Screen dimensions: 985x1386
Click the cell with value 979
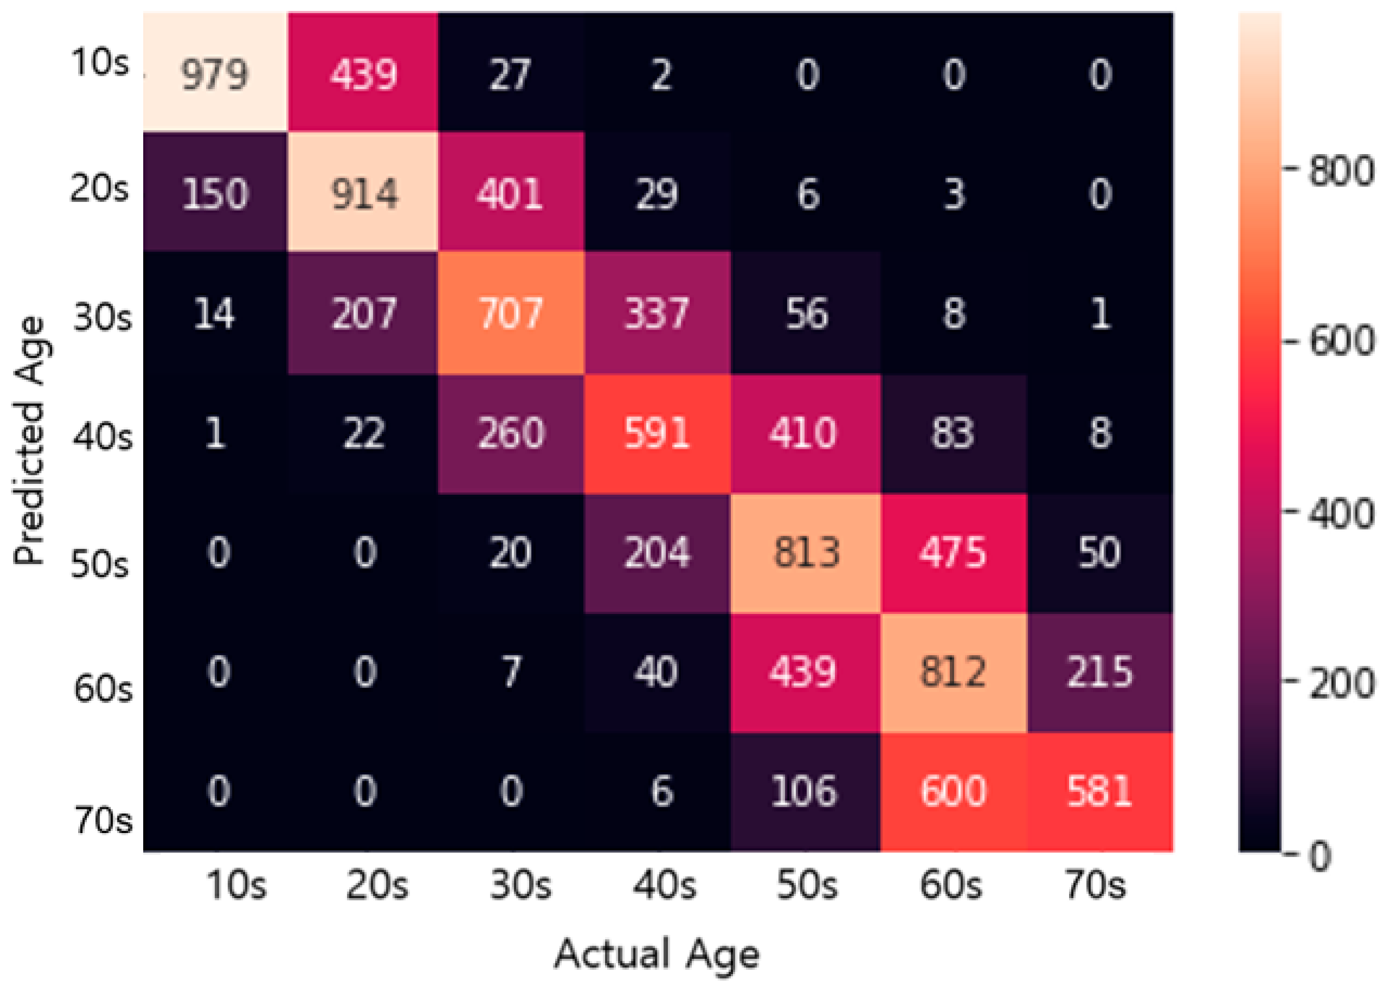215,74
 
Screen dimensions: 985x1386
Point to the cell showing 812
953,672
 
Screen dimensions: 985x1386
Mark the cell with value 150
215,193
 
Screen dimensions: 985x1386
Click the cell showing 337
657,313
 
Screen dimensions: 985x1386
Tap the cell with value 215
1100,672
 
